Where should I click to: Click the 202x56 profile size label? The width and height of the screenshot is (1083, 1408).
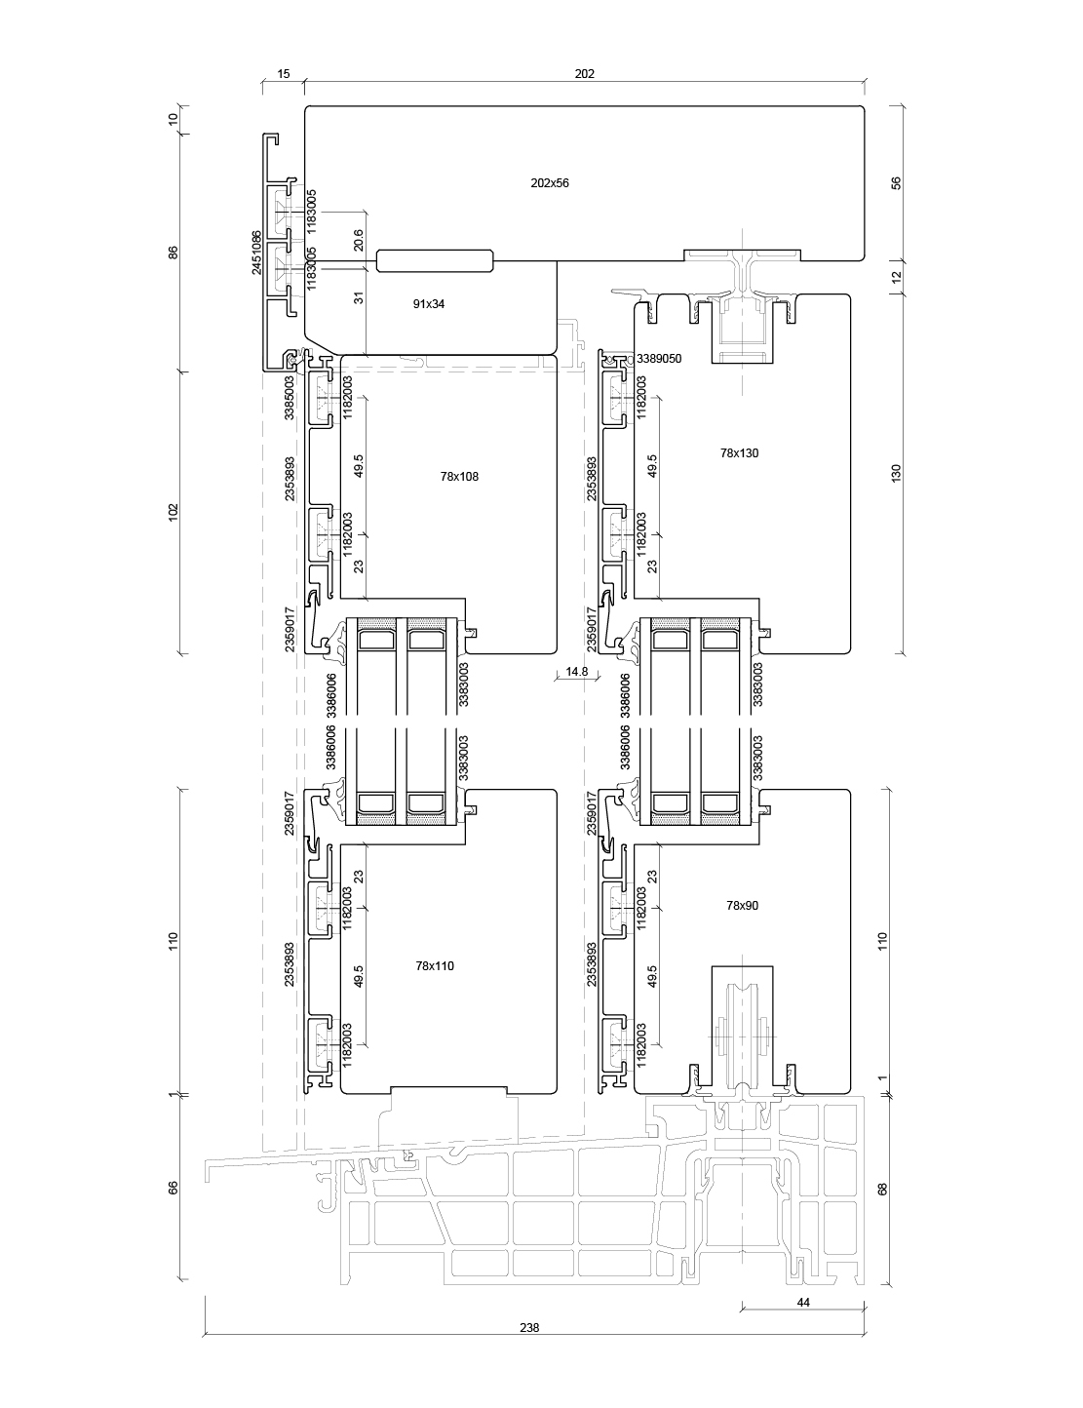coord(549,182)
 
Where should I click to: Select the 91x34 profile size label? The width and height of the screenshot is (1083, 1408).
coord(429,304)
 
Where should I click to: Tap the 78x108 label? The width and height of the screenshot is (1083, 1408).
coord(459,477)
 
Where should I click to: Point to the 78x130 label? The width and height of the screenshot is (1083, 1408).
coord(739,452)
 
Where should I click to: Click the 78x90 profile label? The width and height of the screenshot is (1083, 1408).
coord(742,906)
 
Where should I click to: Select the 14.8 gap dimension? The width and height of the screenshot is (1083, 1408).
coord(576,671)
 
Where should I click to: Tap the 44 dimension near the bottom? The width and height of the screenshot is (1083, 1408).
coord(803,1303)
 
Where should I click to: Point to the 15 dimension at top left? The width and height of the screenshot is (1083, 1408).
coord(284,74)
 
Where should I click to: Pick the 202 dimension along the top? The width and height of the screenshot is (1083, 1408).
coord(584,74)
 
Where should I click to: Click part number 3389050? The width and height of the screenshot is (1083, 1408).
coord(659,359)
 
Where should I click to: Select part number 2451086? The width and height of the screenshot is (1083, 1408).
coord(256,253)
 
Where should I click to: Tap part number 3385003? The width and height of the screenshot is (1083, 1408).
coord(289,397)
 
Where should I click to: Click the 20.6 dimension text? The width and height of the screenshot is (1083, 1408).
coord(358,241)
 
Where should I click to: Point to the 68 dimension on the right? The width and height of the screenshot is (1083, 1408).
coord(883,1189)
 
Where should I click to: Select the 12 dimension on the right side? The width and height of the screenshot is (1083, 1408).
coord(897,277)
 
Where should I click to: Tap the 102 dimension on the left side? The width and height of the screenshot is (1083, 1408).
coord(173,512)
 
